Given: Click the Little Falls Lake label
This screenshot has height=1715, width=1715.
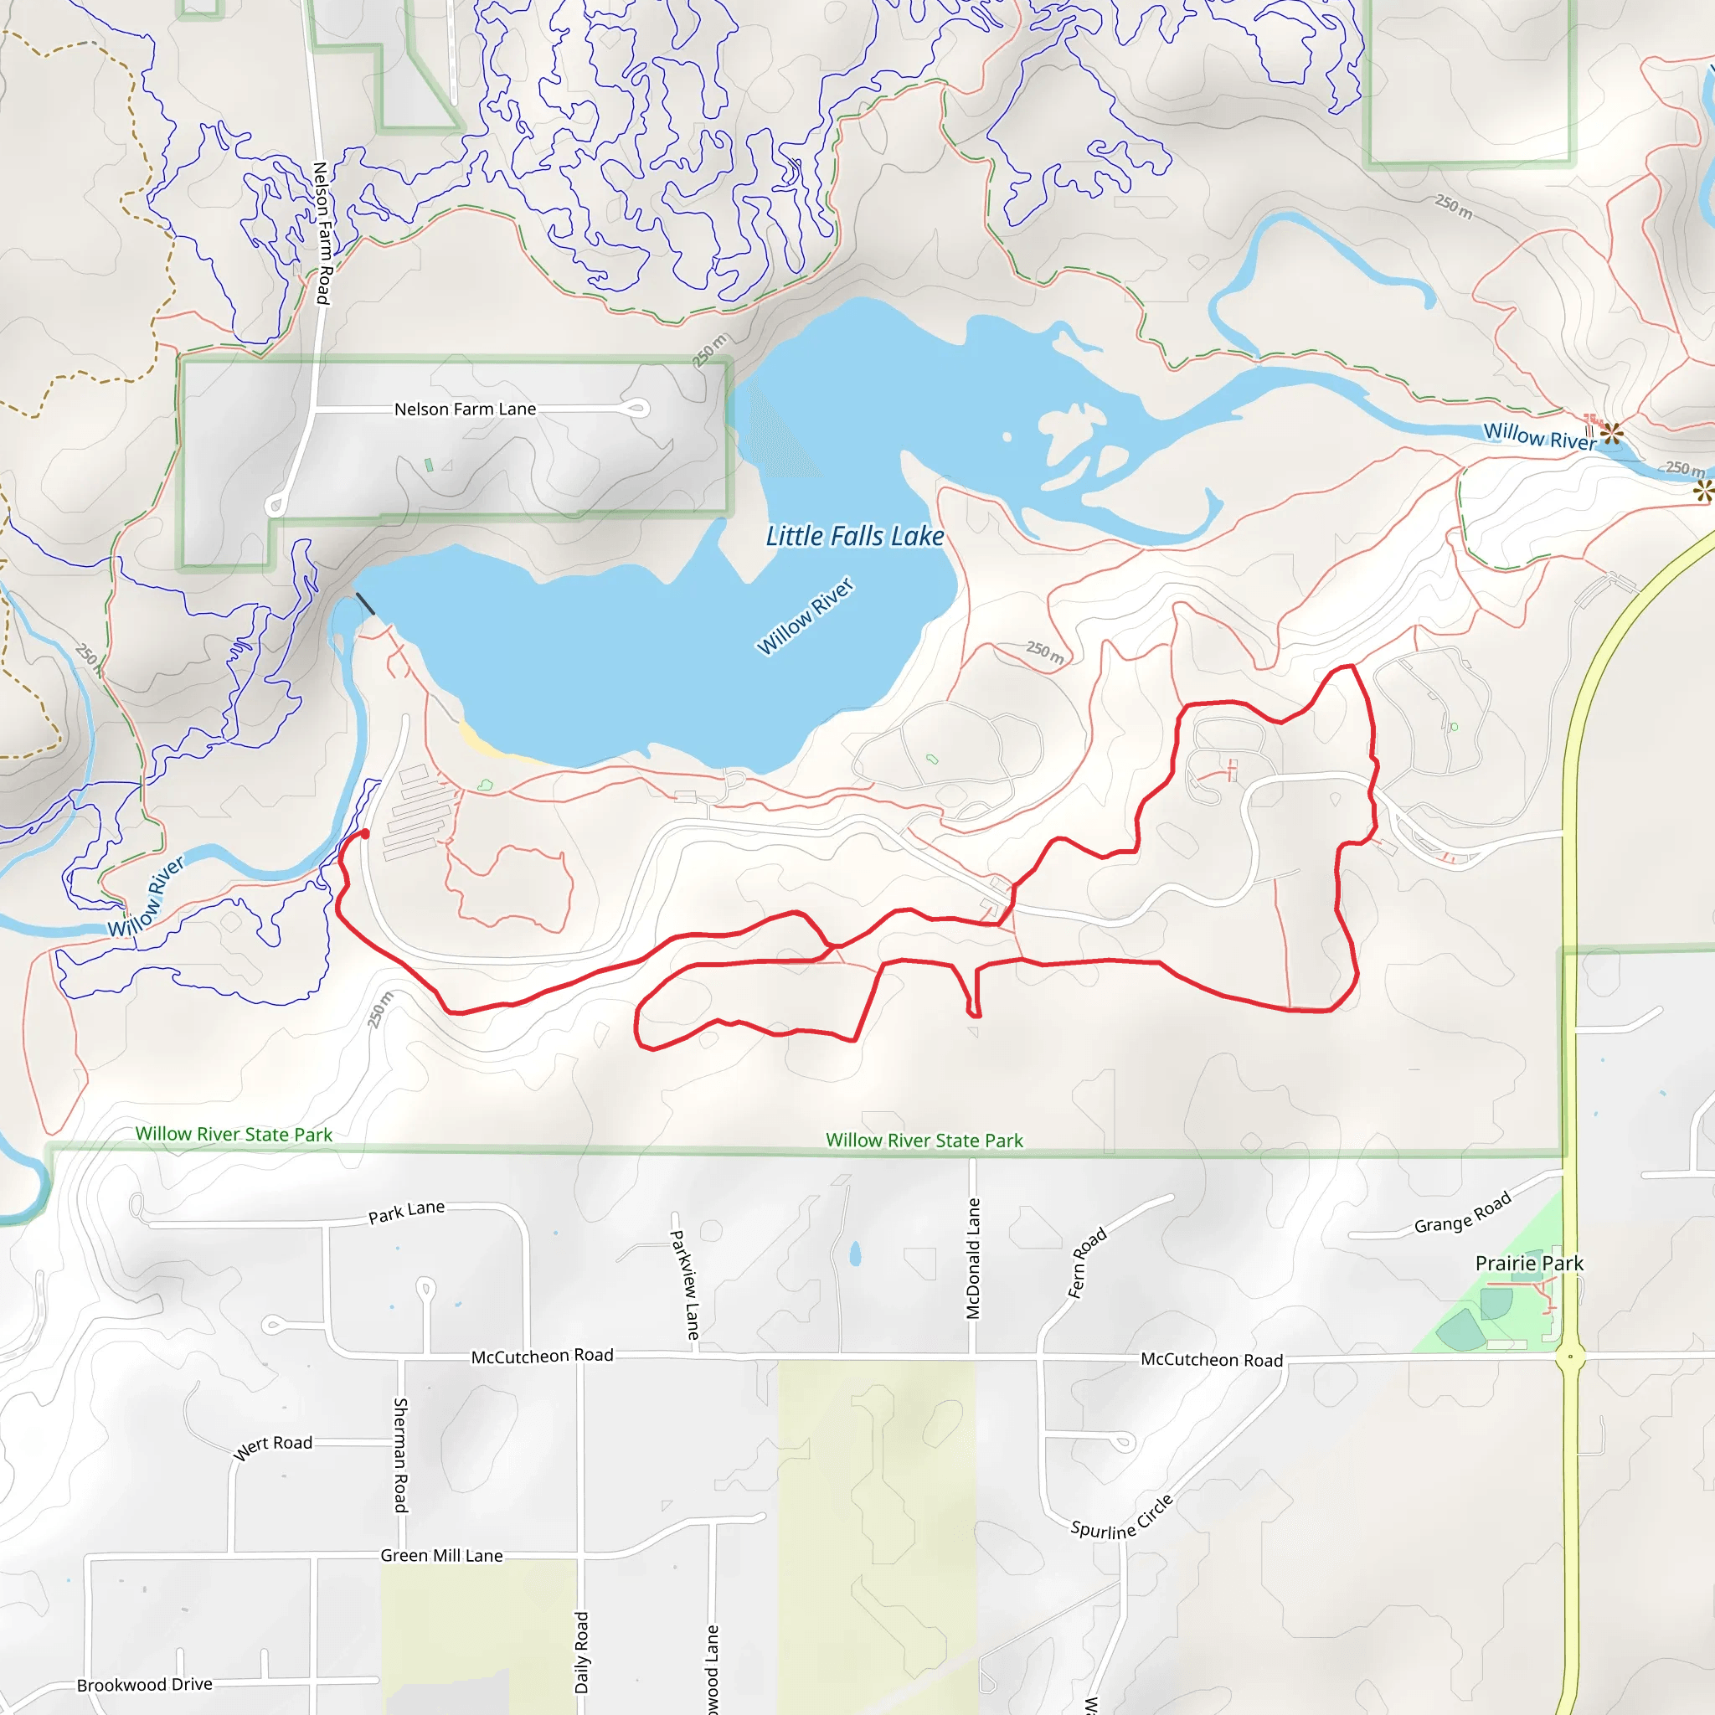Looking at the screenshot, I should click(854, 536).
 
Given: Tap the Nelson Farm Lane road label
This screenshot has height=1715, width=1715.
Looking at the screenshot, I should click(465, 409).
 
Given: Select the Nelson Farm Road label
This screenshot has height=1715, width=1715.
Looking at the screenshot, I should click(322, 233).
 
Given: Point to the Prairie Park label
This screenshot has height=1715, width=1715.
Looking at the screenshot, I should click(1528, 1263).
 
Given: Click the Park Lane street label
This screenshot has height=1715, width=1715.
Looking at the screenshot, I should click(406, 1212).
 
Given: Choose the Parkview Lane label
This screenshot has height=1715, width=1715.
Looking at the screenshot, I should click(684, 1285).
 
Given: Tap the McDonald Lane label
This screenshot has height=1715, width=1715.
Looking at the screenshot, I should click(973, 1259).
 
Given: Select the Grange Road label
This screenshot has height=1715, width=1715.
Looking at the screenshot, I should click(1462, 1213).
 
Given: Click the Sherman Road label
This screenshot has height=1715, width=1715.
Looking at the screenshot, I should click(400, 1455).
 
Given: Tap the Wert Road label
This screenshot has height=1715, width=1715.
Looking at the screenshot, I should click(272, 1447).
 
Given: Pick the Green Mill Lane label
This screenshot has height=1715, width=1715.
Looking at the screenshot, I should click(441, 1555).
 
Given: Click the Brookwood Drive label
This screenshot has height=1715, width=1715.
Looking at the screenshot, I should click(145, 1684).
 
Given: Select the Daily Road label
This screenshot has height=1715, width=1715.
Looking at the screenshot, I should click(581, 1652).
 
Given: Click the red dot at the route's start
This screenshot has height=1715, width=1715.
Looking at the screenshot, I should click(365, 833).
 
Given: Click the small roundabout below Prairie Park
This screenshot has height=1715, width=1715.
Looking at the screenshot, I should click(1570, 1357).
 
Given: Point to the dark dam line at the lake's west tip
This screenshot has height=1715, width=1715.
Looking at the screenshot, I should click(365, 604).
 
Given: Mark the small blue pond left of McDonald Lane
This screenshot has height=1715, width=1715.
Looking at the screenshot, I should click(855, 1254).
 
